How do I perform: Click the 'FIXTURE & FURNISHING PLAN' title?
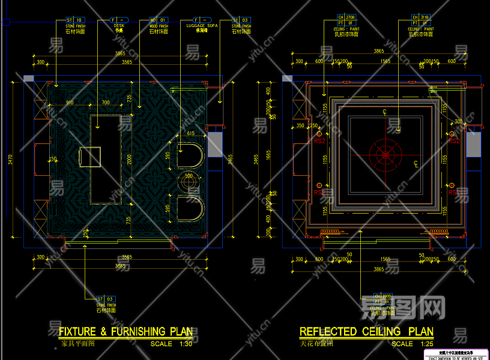point(126,331)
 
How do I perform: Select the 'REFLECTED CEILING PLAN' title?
point(366,331)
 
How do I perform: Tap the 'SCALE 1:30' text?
point(171,344)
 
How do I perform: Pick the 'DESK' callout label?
point(119,26)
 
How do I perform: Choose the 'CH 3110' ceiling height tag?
point(420,17)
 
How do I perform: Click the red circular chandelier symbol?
point(385,155)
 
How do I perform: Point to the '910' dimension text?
point(70,103)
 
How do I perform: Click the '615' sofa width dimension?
point(190,133)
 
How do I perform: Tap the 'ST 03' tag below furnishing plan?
point(106,298)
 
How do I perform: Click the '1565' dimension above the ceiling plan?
point(385,61)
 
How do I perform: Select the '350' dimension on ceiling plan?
point(300,125)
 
